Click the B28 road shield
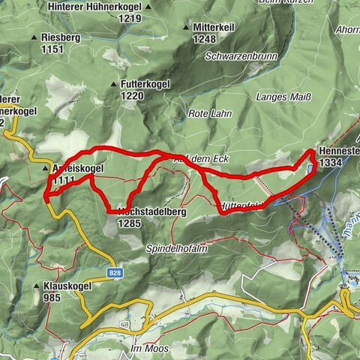point(115,274)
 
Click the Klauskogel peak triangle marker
point(35,286)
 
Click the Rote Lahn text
point(205,114)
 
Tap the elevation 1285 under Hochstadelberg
point(130,222)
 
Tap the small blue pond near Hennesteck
point(309,169)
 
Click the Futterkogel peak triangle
point(113,85)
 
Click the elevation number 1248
point(205,39)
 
